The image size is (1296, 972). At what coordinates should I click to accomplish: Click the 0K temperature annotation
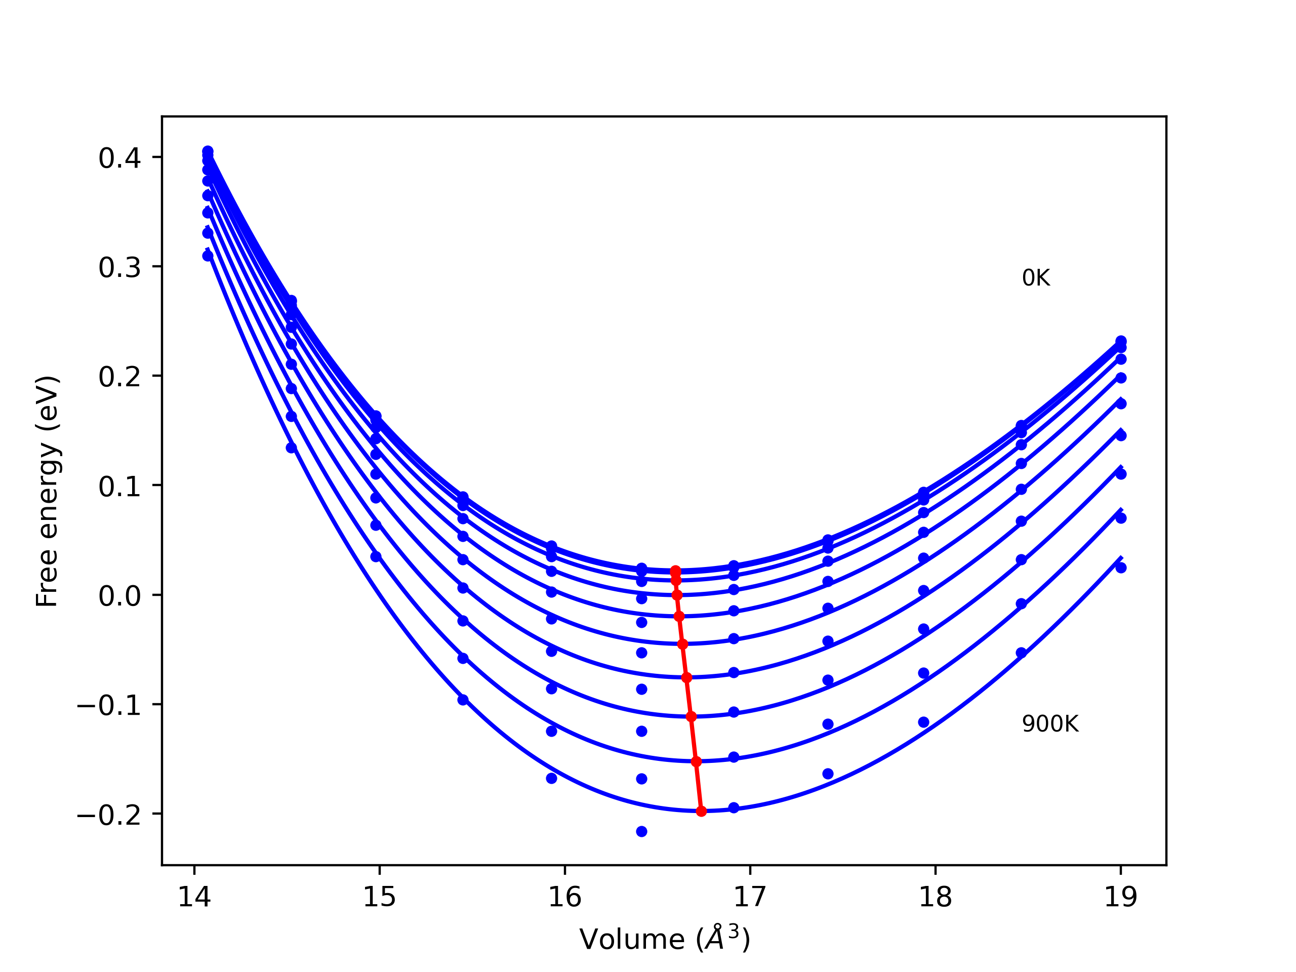1036,278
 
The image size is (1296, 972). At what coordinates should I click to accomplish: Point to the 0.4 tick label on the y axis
119,158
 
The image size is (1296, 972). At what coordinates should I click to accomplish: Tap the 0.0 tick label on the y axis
119,596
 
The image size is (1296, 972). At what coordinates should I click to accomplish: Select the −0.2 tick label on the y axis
109,815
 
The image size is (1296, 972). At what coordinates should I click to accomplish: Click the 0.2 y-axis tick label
119,377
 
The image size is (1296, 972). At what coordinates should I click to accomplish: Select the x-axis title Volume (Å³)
664,939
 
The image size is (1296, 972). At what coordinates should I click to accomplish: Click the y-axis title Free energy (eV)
47,491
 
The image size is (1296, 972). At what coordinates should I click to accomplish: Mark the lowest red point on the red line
701,812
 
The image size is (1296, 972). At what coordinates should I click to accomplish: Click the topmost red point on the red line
675,571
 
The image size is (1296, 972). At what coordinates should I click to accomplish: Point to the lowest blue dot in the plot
641,831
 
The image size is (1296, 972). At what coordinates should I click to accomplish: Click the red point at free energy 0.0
677,595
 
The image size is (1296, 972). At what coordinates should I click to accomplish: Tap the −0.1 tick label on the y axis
109,705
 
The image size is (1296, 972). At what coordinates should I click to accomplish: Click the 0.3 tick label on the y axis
119,268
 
